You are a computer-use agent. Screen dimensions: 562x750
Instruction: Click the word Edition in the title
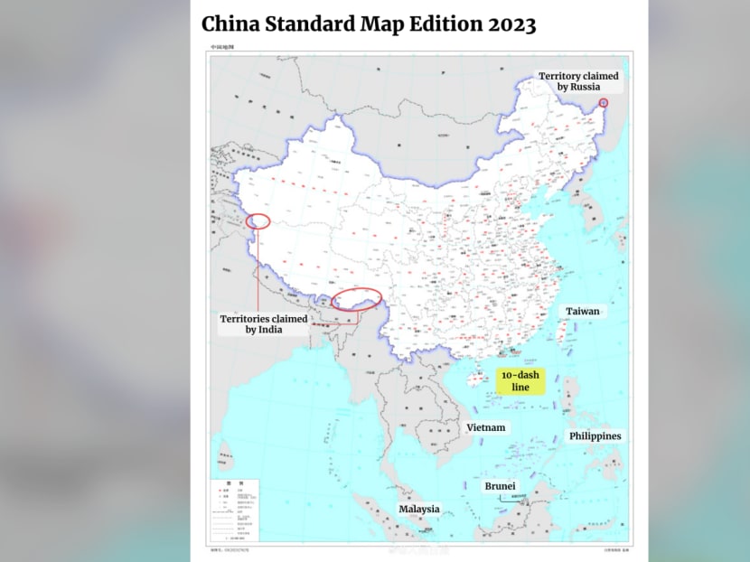(x=432, y=24)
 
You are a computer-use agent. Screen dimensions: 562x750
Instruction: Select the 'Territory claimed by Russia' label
(x=578, y=81)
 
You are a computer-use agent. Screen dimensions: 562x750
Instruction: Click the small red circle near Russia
(x=604, y=103)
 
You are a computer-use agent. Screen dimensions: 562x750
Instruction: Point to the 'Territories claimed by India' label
(x=264, y=324)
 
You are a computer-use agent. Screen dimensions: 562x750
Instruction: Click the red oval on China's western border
(x=258, y=220)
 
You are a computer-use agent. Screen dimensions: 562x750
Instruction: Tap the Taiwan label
(x=583, y=312)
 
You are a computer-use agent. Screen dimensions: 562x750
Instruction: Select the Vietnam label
(x=486, y=427)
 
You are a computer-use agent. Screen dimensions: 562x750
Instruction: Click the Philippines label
(x=595, y=436)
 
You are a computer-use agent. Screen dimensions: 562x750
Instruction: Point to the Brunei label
(x=500, y=486)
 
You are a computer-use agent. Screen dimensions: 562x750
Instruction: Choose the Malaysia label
(x=419, y=509)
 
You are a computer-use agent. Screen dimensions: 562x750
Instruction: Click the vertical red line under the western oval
(x=258, y=271)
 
